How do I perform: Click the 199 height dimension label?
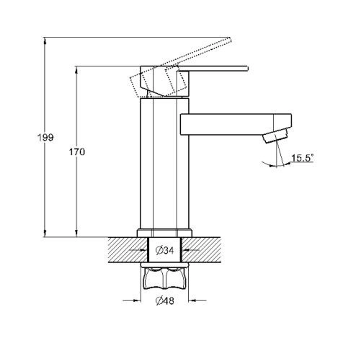(x=45, y=138)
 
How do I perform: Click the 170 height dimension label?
(x=77, y=152)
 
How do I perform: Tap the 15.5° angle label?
(x=302, y=158)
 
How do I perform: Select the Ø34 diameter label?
(x=165, y=250)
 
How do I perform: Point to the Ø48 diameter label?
(x=165, y=301)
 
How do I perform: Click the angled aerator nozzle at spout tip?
(x=275, y=136)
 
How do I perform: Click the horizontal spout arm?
(x=236, y=124)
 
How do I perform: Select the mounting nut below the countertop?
(x=165, y=277)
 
